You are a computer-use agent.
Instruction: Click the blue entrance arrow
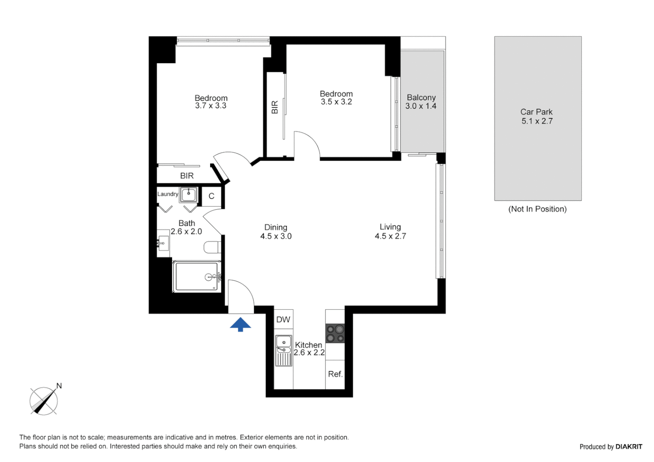coord(241,324)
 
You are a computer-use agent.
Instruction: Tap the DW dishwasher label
coord(283,320)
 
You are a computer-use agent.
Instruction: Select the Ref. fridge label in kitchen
coord(335,374)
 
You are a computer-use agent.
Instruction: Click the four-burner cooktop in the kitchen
coord(335,333)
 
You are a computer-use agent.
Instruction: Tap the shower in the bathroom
coord(197,277)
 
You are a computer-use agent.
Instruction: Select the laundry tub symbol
coord(188,195)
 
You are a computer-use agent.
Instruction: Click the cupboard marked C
coord(211,196)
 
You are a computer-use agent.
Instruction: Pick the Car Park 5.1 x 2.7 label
coord(537,116)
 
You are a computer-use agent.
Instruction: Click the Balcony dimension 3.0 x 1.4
coord(421,106)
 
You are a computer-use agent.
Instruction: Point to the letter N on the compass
coord(59,386)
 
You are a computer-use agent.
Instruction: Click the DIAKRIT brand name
coord(629,447)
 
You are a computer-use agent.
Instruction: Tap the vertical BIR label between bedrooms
coord(275,107)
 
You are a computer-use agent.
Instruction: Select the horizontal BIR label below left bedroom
coord(187,176)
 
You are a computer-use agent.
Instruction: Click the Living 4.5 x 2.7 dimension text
coord(390,236)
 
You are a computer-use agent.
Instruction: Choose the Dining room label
coord(276,228)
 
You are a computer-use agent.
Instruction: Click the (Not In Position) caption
coord(537,209)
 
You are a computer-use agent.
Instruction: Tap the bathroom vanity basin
coord(163,243)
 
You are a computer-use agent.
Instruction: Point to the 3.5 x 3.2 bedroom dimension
coord(336,102)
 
